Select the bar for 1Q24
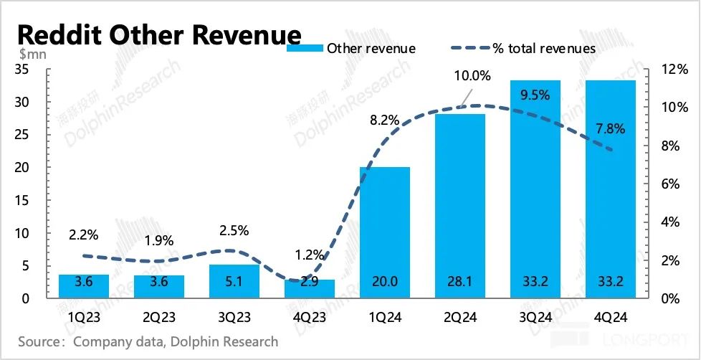coord(385,229)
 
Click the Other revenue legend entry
coord(351,49)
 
